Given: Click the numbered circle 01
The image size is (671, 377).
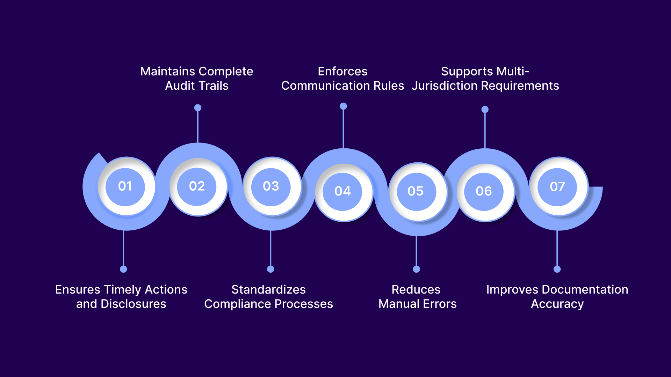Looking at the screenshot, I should [x=125, y=186].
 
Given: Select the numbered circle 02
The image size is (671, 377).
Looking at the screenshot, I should [x=197, y=186].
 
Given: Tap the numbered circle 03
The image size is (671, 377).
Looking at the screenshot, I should [x=271, y=186].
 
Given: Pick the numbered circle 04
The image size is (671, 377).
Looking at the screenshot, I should [x=342, y=191].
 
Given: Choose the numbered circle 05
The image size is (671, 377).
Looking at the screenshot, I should [x=416, y=191].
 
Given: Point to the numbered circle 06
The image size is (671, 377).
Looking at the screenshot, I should [x=484, y=191].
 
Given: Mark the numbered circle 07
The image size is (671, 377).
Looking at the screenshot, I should [x=557, y=187].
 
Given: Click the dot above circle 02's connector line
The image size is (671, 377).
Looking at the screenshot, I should [x=198, y=108].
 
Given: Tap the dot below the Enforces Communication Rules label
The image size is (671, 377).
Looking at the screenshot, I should [x=343, y=106].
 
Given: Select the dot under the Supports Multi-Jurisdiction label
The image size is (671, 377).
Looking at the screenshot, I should [x=485, y=110].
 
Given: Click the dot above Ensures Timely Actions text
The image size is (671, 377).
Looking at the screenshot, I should [x=123, y=269].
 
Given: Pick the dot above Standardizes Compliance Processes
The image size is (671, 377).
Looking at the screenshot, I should [x=270, y=269].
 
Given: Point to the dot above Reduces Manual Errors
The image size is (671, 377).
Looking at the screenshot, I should [x=416, y=269].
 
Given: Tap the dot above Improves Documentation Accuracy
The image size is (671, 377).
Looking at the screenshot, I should [x=557, y=269].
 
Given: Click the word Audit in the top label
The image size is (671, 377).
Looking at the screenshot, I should [x=178, y=86].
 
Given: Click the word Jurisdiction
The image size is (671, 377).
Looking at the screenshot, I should [x=445, y=86].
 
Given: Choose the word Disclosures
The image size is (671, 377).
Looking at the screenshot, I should [x=133, y=304].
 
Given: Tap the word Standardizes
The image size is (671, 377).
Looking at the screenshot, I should [x=268, y=290].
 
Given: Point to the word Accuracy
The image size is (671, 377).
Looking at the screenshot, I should [x=557, y=304].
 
